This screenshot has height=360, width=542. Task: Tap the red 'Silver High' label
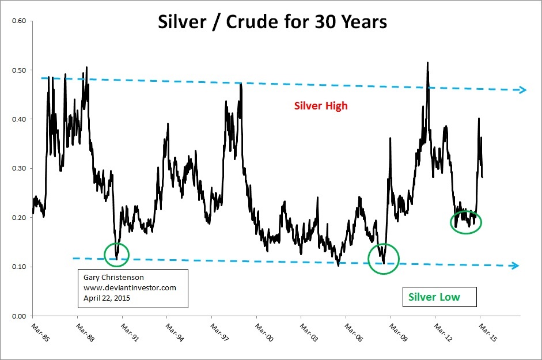pyautogui.click(x=321, y=106)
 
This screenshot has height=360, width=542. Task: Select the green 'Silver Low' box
pyautogui.click(x=434, y=297)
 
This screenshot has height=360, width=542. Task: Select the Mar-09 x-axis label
pyautogui.click(x=395, y=334)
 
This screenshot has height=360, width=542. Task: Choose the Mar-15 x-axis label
pyautogui.click(x=484, y=334)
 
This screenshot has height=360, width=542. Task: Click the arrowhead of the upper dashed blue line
pyautogui.click(x=523, y=90)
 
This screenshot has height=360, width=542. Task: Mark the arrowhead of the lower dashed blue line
pyautogui.click(x=516, y=266)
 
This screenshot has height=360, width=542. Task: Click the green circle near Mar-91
pyautogui.click(x=117, y=254)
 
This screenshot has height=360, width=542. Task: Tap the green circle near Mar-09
pyautogui.click(x=383, y=258)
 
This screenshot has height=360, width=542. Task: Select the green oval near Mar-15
pyautogui.click(x=465, y=222)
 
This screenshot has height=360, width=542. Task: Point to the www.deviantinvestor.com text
pyautogui.click(x=130, y=287)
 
